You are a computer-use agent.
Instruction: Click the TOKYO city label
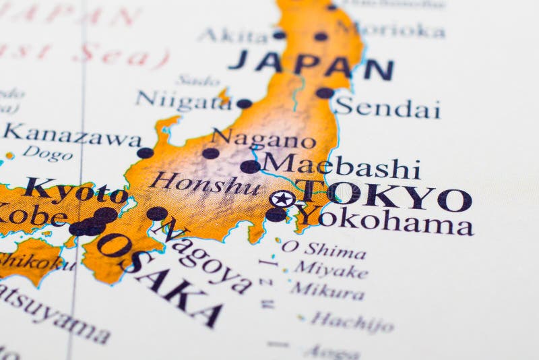tap(384, 196)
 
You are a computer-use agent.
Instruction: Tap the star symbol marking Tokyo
tap(282, 199)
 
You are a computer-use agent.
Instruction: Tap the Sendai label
tap(388, 108)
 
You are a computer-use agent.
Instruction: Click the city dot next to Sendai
tap(325, 93)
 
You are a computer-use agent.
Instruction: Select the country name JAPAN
tap(311, 65)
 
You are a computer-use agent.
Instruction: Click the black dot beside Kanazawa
tap(145, 153)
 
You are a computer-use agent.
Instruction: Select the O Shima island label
tap(323, 249)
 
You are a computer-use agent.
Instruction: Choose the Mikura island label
tap(327, 291)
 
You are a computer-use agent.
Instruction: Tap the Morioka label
tap(391, 30)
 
